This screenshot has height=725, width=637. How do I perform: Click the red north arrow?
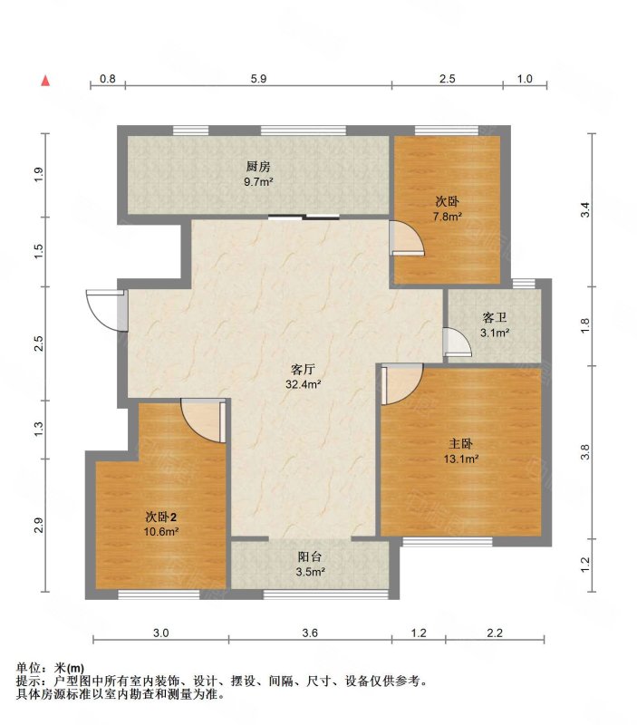45,81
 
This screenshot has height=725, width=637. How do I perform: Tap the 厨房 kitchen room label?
258,167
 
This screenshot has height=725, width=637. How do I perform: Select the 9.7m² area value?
258,182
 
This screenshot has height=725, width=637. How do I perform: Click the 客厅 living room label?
303,369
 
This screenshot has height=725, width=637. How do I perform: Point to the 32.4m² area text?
303,384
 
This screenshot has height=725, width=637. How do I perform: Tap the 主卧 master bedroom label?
460,444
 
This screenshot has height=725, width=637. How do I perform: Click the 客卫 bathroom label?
495,318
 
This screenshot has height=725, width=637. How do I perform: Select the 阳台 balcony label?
310,557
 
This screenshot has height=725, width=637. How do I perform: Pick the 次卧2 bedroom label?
161,517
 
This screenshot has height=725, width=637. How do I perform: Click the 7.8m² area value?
448,217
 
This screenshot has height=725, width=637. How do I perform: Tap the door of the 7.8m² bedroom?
406,237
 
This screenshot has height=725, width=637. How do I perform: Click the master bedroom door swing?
401,383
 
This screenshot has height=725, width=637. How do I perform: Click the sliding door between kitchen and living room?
304,217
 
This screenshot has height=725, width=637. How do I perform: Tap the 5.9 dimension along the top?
259,79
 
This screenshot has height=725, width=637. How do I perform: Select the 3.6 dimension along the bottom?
310,633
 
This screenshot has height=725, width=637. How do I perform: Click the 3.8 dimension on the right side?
585,451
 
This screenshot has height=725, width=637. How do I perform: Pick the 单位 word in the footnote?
27,668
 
